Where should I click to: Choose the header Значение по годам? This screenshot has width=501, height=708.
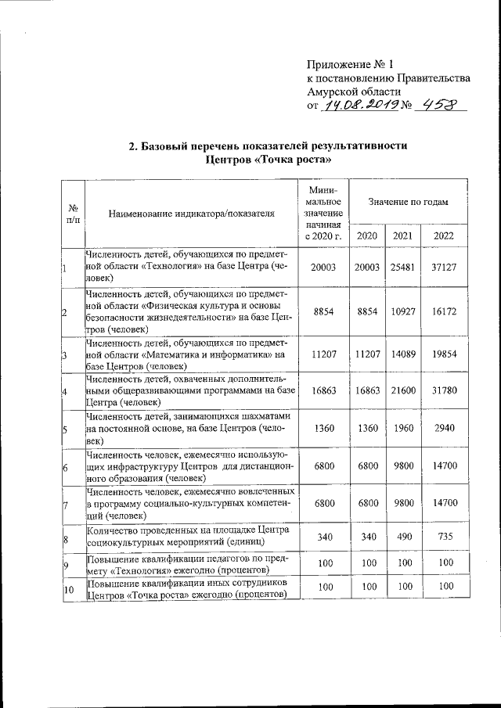tap(408, 202)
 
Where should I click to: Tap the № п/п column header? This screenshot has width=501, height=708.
tap(72, 213)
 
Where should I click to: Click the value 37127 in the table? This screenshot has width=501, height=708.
tap(443, 268)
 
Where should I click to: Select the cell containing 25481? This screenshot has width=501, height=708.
tap(402, 268)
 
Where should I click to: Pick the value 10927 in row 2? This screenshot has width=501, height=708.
tap(402, 311)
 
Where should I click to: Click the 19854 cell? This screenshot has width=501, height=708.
tap(443, 354)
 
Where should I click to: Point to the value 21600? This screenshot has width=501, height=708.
tap(402, 390)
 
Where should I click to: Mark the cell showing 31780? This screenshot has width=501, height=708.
tap(443, 390)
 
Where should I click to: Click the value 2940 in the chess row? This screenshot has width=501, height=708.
tap(443, 429)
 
